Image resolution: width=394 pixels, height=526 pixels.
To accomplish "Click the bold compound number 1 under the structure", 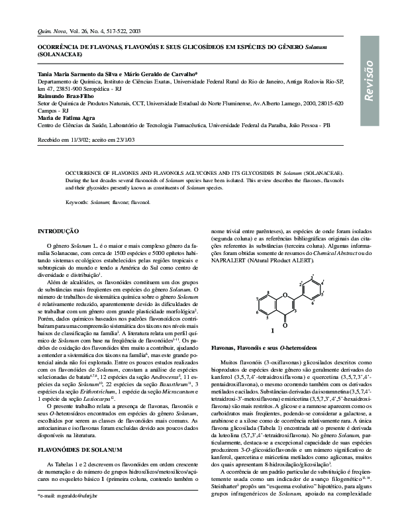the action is click(x=272, y=329).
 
